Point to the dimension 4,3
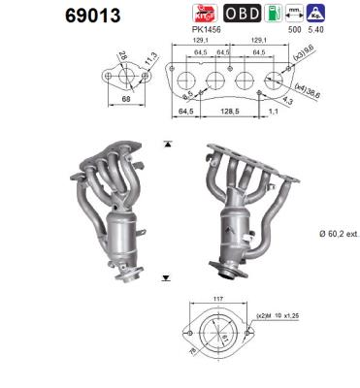pos(288,100)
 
